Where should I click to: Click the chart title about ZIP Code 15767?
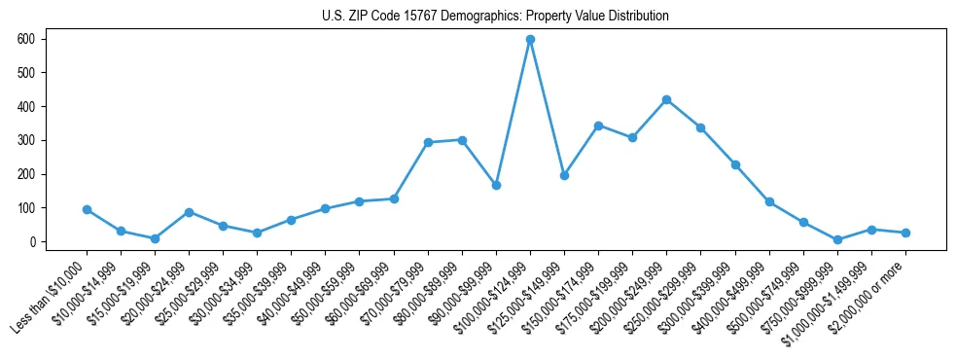click(x=495, y=17)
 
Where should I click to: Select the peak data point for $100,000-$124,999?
click(x=530, y=40)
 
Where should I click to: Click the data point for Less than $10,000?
click(x=87, y=209)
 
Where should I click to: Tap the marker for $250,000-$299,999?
click(x=701, y=127)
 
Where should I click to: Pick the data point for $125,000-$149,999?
click(x=564, y=175)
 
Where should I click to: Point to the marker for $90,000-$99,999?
click(x=496, y=185)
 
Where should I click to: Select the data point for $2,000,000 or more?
click(x=905, y=233)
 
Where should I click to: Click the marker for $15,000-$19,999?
click(x=155, y=238)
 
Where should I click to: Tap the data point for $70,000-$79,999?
click(x=428, y=142)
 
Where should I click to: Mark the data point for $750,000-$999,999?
click(x=837, y=239)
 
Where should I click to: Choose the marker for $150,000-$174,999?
click(x=598, y=126)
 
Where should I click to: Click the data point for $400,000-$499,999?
click(x=769, y=202)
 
